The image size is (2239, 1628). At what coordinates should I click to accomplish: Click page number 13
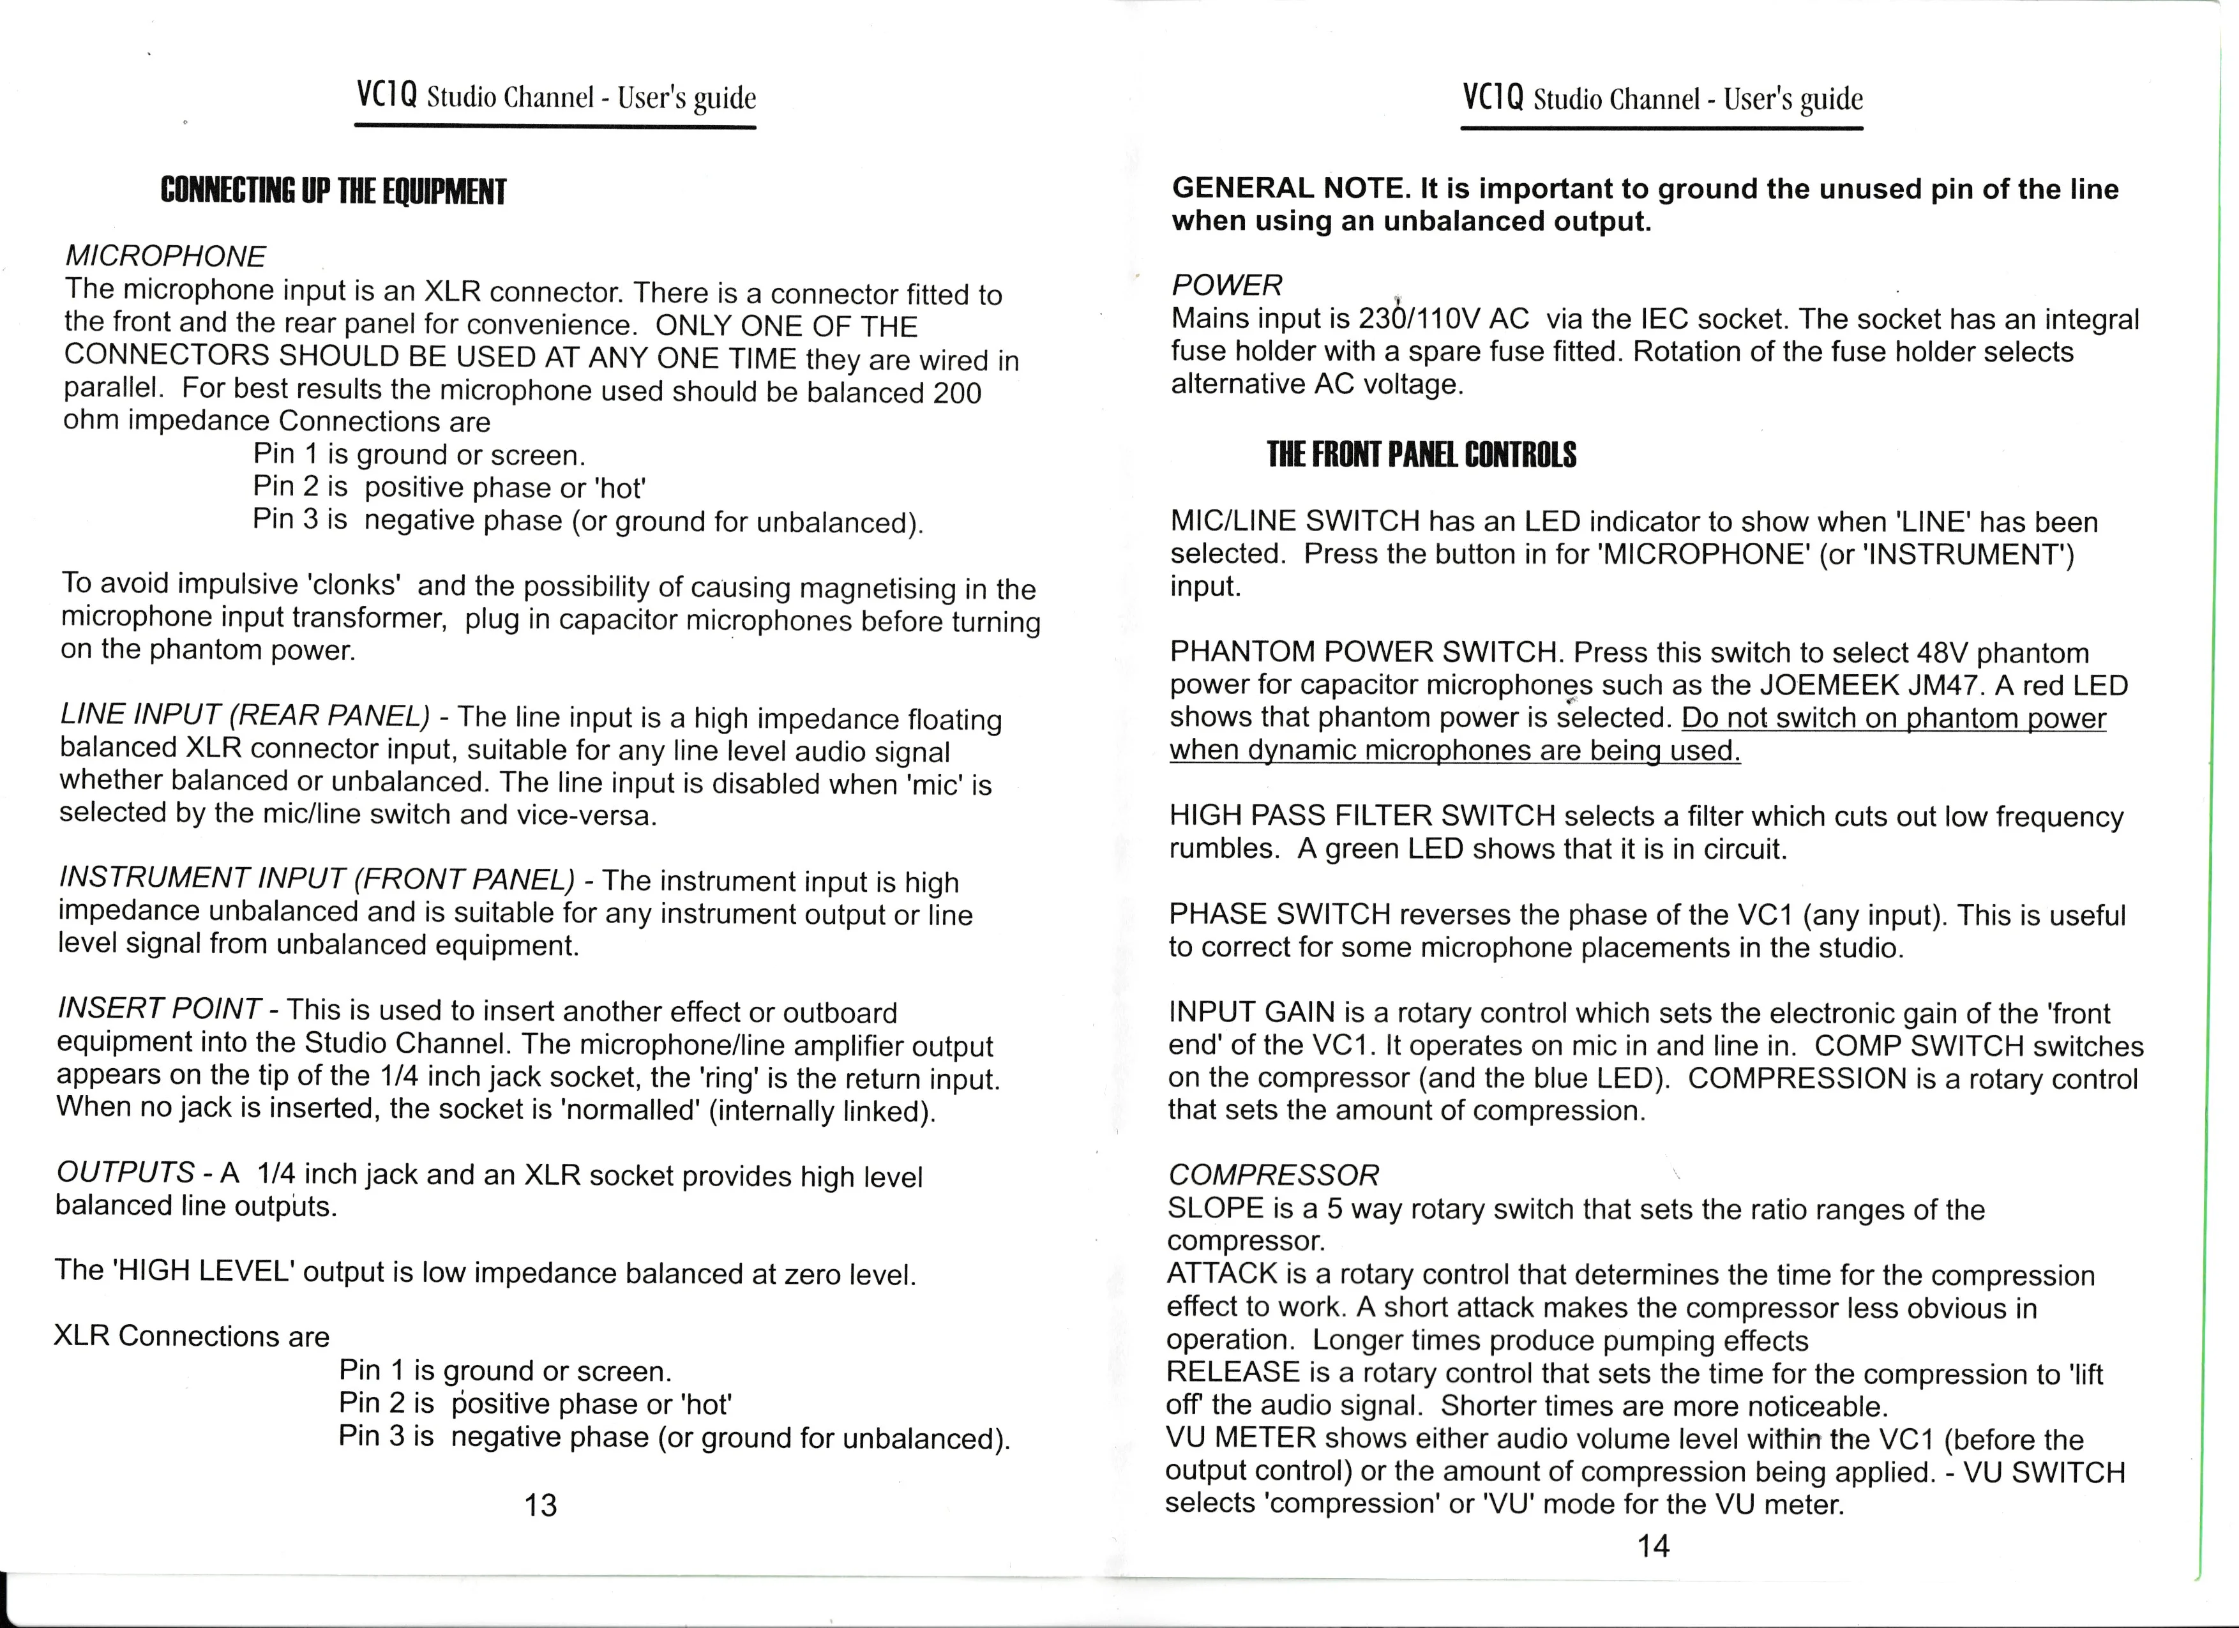541,1505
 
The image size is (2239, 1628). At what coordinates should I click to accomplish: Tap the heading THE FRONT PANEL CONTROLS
1422,455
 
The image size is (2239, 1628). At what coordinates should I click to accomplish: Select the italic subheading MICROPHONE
165,257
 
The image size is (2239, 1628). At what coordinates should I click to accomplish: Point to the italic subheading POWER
1226,285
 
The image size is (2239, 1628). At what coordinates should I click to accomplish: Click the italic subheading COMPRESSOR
1272,1175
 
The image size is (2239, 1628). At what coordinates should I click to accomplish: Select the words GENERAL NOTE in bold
1289,188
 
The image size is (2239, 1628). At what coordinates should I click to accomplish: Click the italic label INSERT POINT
159,1008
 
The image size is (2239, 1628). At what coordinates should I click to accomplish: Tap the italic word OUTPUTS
124,1172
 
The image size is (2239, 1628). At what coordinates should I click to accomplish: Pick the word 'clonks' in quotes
354,584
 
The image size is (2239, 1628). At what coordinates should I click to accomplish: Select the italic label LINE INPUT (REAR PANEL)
245,714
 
